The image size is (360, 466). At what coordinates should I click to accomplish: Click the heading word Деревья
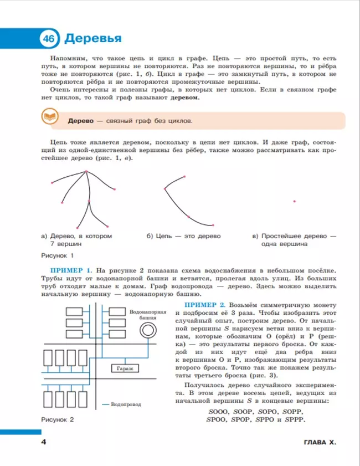coord(92,39)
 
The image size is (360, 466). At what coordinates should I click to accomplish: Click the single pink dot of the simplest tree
coord(295,201)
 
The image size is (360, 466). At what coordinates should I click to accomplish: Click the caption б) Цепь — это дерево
coord(183,236)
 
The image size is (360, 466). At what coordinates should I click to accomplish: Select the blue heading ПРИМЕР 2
coord(204,305)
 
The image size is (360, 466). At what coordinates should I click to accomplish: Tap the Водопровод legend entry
coord(124,405)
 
